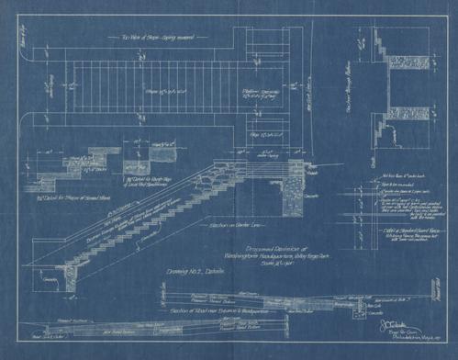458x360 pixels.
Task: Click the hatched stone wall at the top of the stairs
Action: (x=296, y=184)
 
